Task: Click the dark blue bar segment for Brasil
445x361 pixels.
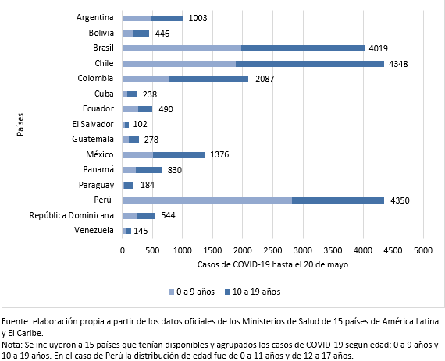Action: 303,48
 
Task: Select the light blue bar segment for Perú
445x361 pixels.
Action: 207,200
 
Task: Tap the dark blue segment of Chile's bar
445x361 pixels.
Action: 310,64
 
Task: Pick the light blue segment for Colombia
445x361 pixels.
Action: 145,79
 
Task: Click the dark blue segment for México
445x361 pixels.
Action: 179,155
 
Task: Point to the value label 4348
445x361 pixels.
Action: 398,64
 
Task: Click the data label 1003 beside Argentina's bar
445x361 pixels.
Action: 198,18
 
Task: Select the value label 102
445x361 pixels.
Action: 140,124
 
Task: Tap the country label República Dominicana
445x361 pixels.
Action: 72,215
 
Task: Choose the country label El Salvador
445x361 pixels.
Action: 93,124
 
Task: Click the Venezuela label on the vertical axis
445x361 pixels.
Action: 94,230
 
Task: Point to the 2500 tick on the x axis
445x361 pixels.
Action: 272,250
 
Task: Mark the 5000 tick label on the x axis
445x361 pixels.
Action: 423,250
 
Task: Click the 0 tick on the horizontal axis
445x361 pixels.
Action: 123,250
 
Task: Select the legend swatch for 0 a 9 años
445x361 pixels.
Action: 172,292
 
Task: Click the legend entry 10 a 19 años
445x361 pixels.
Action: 253,292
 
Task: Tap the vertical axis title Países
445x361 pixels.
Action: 20,125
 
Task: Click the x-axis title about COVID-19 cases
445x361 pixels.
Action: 272,264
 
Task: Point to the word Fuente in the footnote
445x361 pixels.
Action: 16,321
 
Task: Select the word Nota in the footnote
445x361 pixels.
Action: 12,345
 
